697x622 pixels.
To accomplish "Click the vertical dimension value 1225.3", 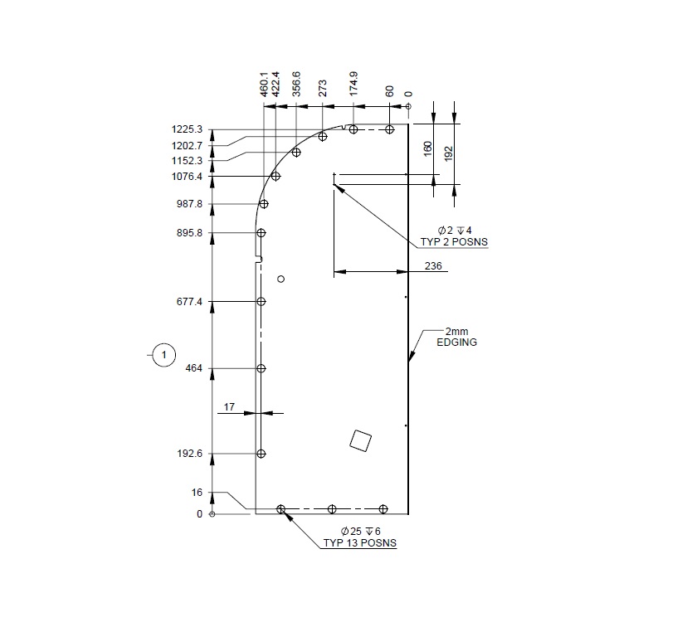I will point(187,129).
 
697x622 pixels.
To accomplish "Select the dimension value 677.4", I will point(190,303).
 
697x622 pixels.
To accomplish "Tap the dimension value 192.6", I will point(190,454).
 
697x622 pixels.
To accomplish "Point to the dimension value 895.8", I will point(190,233).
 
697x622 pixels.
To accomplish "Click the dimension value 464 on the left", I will point(194,368).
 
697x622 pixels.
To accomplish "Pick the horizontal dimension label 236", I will point(433,266).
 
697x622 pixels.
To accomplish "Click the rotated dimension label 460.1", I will point(264,85).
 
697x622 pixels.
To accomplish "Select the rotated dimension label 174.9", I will point(353,85).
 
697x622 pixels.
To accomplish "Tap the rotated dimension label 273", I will point(323,88).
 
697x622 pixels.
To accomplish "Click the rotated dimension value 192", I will point(449,153).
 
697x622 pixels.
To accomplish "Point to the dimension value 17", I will point(230,407).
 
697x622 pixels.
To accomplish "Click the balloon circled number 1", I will point(164,355).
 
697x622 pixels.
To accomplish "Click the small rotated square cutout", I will point(360,440).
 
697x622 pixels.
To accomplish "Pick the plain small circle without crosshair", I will point(280,279).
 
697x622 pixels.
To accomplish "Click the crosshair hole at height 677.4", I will point(261,302).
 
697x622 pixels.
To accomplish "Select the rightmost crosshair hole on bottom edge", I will point(383,508).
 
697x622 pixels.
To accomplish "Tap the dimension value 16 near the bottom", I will point(197,493).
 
